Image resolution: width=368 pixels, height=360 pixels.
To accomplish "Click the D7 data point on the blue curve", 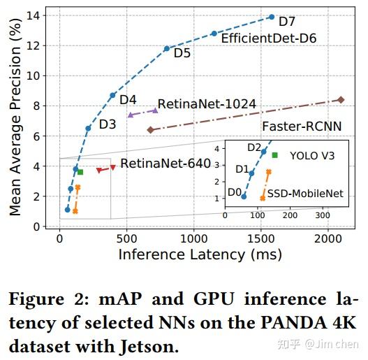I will (x=272, y=17).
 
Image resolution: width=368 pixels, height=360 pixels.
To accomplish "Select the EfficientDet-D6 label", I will (x=268, y=38).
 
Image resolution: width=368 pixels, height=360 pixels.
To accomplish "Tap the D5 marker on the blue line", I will (x=167, y=48).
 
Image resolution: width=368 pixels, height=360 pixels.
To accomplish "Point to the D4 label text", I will (x=128, y=100).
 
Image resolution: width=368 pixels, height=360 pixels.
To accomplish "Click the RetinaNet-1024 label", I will (x=207, y=104).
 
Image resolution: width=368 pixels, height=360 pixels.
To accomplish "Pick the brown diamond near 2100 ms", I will (x=341, y=100).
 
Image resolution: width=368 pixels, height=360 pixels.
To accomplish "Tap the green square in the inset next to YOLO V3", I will (x=275, y=154).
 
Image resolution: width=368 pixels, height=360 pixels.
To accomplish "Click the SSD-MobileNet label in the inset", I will (x=306, y=193).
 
